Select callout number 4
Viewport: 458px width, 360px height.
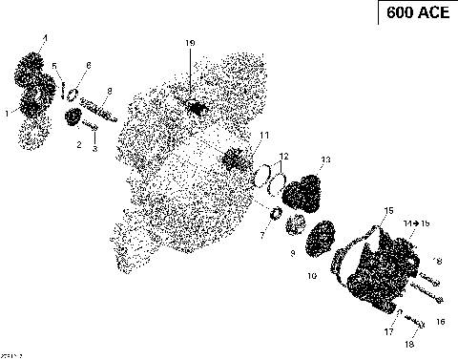[x=43, y=36]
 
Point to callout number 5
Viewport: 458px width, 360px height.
[x=54, y=65]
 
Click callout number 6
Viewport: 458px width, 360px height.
[x=89, y=64]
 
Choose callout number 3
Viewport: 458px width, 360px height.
[x=94, y=149]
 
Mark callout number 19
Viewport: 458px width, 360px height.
[x=190, y=44]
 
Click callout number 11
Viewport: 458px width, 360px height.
[x=264, y=134]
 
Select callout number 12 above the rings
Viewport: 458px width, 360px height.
[x=283, y=155]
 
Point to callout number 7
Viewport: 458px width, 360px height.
[x=263, y=235]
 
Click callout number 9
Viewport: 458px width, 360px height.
[x=292, y=254]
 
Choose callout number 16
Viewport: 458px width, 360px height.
[x=441, y=322]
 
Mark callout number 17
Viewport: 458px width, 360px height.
[x=388, y=332]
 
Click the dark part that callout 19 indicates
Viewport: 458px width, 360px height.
[x=198, y=107]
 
